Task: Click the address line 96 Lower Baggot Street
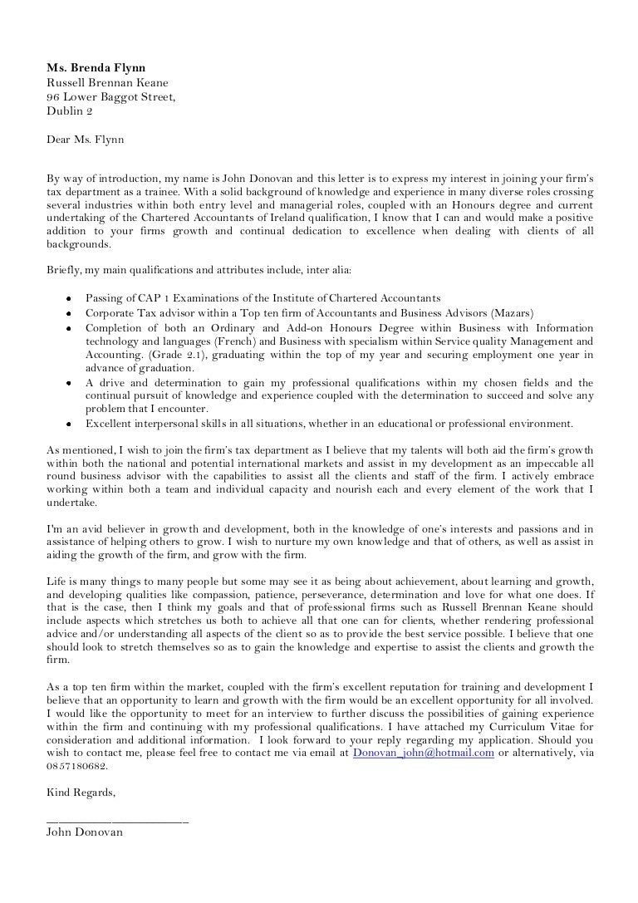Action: [x=111, y=96]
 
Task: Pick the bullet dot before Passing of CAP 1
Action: [x=66, y=298]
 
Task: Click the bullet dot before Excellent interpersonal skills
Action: [x=66, y=424]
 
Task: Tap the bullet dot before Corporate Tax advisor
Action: [x=66, y=312]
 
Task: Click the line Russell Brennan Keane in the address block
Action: [x=107, y=82]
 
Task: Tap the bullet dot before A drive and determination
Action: [x=66, y=382]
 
